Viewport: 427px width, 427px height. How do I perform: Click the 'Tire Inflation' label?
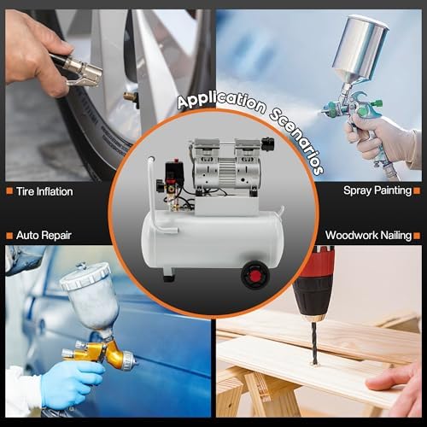click(44, 191)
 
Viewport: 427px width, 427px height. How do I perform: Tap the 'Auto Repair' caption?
click(43, 234)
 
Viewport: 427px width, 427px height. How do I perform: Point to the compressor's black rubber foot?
click(169, 275)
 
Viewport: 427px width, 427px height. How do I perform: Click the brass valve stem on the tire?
click(131, 97)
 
